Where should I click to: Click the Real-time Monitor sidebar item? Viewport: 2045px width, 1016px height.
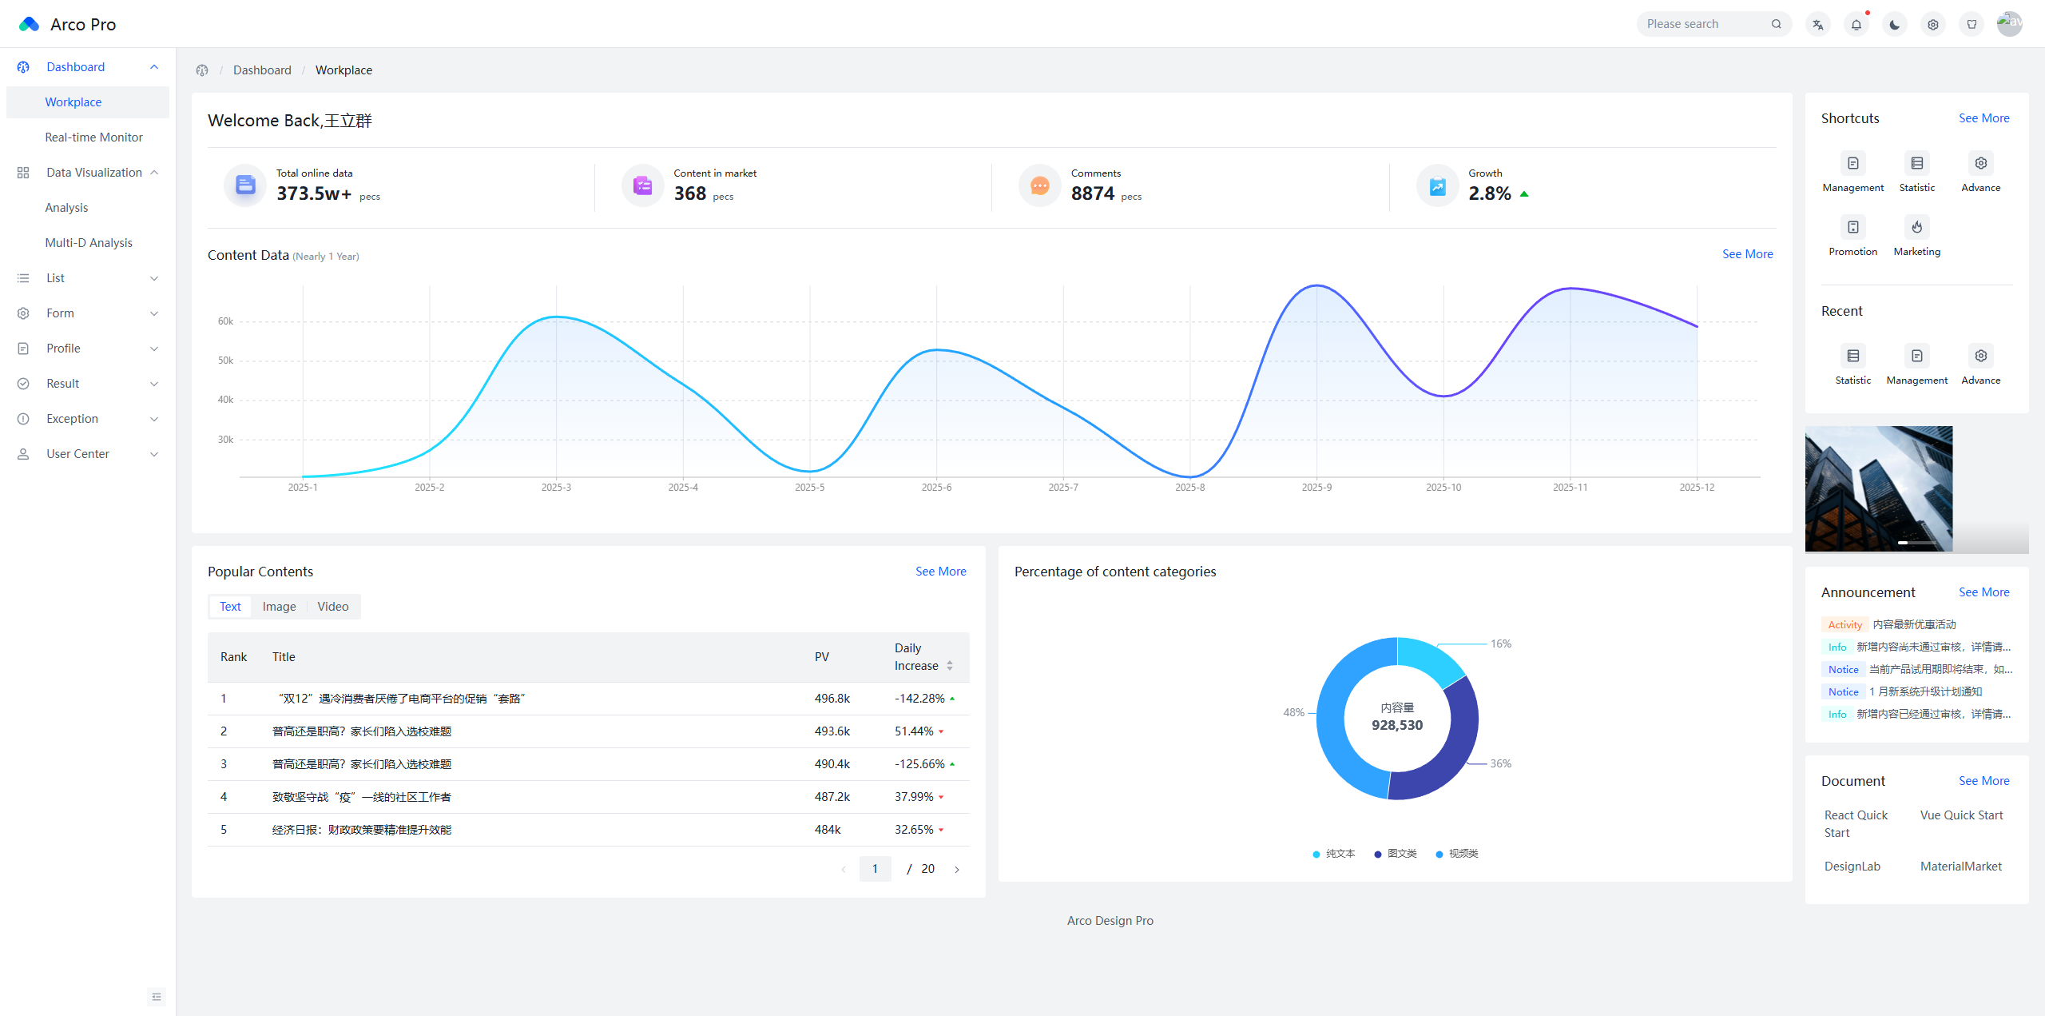pos(93,137)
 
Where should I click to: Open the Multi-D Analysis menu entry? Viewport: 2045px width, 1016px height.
pos(89,243)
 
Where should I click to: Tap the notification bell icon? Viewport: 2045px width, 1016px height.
pos(1856,25)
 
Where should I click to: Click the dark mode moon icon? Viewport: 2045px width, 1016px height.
pos(1895,25)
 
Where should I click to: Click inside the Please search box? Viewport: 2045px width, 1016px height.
pos(1705,24)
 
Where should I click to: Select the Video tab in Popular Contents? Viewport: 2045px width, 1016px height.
pos(332,607)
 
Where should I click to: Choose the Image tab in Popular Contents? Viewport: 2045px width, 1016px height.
pos(279,607)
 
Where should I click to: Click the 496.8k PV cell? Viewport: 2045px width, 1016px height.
pos(832,699)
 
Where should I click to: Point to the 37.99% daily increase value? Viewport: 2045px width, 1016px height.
pos(914,797)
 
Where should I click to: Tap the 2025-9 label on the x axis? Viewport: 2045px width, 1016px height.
pos(1316,488)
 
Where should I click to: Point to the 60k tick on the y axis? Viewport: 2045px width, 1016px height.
pos(225,321)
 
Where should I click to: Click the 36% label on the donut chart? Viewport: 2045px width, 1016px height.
pos(1500,763)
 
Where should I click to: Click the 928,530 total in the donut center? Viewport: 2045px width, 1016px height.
pos(1397,725)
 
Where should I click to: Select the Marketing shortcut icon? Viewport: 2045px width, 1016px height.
pos(1916,227)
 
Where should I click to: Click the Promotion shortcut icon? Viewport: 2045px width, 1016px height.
pos(1852,227)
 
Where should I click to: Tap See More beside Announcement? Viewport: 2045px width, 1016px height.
pos(1983,592)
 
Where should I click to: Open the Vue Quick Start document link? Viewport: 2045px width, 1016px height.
pos(1961,815)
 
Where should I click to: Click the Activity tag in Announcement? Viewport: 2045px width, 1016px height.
pos(1844,625)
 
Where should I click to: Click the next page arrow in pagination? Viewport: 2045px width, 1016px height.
pos(956,869)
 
